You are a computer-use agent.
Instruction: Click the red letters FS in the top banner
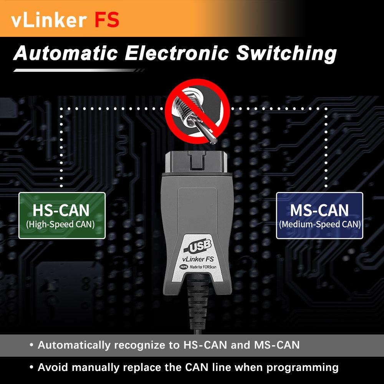point(107,20)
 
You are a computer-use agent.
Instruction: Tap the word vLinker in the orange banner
point(47,20)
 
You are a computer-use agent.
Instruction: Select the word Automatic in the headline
point(66,54)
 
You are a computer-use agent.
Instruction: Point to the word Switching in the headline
point(286,54)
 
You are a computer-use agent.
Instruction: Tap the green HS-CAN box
point(62,215)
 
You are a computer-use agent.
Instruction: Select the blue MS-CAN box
point(319,215)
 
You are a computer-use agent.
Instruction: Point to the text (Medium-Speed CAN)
point(320,224)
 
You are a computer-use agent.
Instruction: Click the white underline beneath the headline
point(77,70)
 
